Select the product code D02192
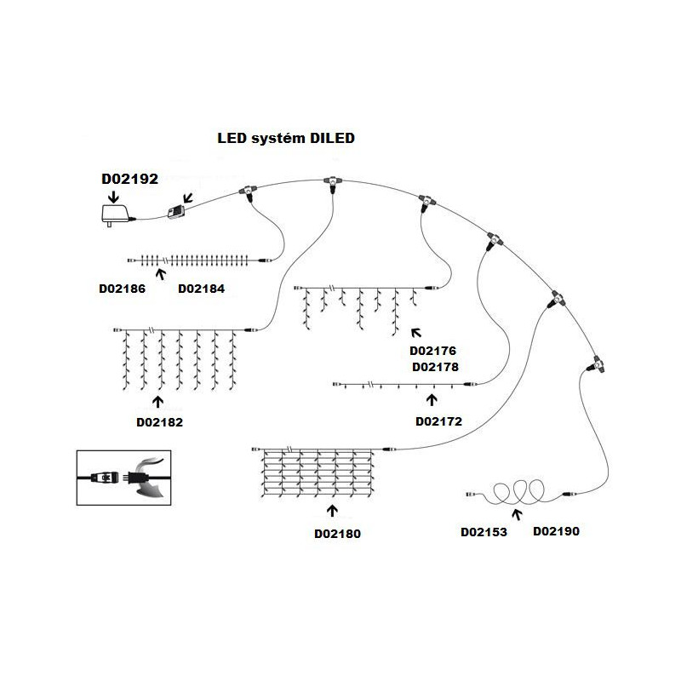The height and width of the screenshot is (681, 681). pyautogui.click(x=130, y=179)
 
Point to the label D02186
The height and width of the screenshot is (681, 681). pyautogui.click(x=123, y=289)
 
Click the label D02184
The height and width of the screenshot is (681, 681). pyautogui.click(x=201, y=289)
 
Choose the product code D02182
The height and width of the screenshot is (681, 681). pyautogui.click(x=159, y=421)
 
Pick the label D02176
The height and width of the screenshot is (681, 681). pyautogui.click(x=434, y=352)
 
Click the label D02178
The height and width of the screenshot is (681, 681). pyautogui.click(x=435, y=367)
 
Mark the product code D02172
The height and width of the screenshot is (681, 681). pyautogui.click(x=438, y=421)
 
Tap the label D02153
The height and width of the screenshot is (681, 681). pyautogui.click(x=484, y=532)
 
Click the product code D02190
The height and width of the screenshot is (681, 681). pyautogui.click(x=556, y=532)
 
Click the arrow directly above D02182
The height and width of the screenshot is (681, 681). pyautogui.click(x=158, y=400)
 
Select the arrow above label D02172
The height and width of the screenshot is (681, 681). pyautogui.click(x=432, y=398)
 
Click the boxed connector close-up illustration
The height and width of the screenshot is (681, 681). pyautogui.click(x=119, y=478)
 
